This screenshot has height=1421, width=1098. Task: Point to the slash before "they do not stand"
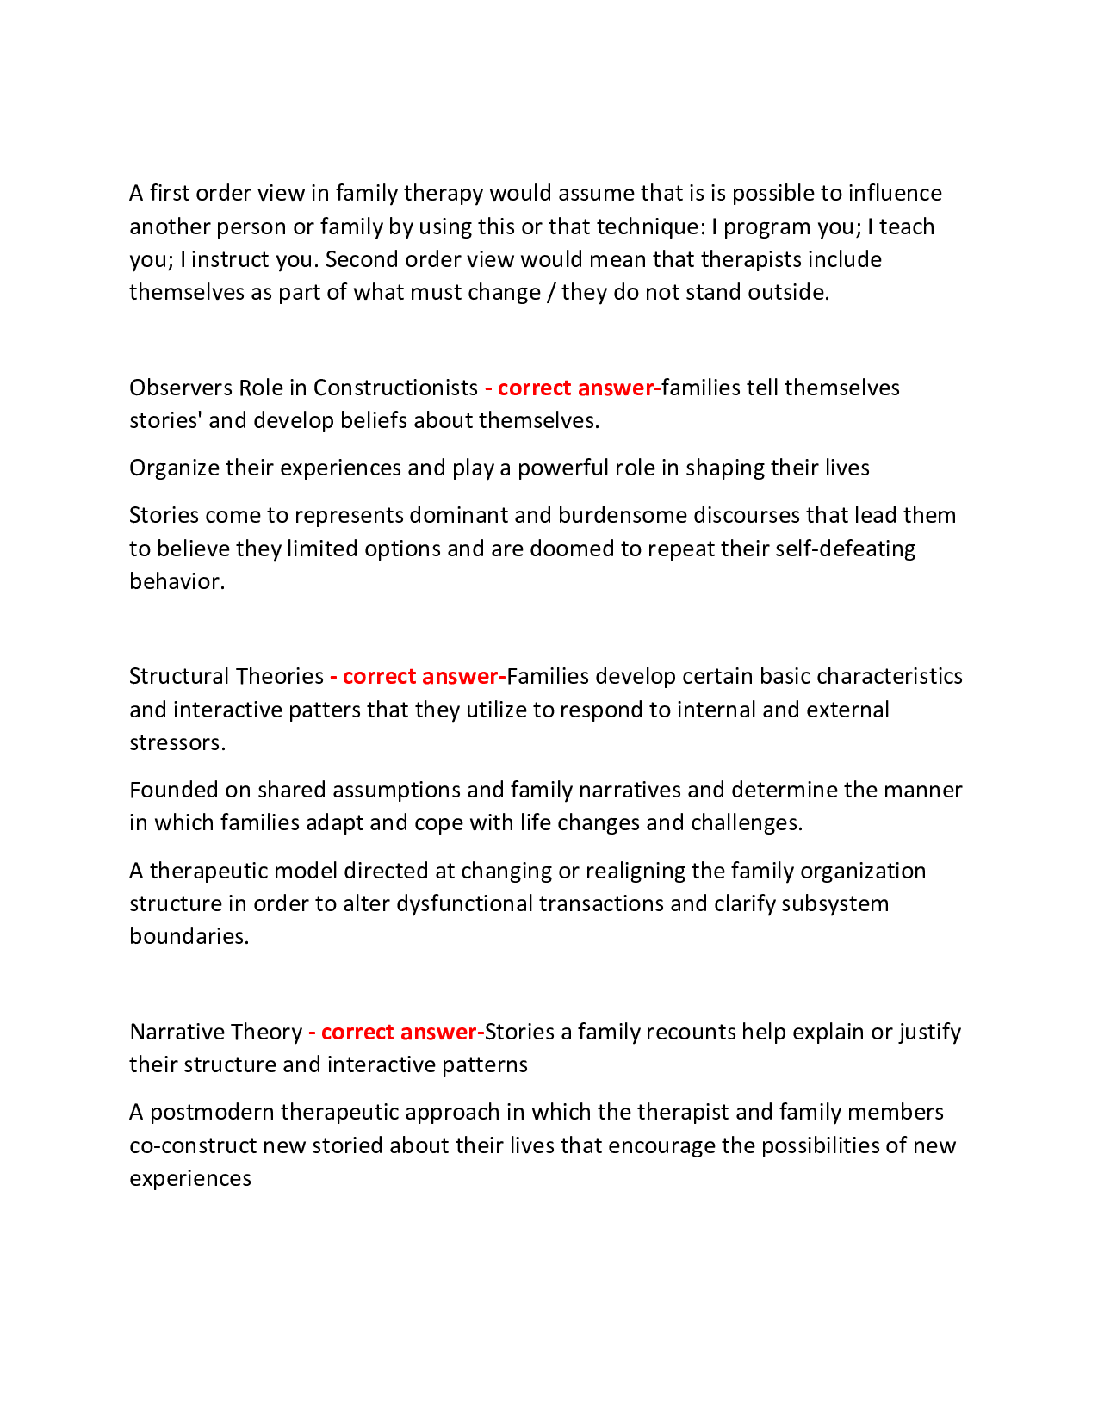pos(550,292)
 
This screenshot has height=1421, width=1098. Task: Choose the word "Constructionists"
pos(395,388)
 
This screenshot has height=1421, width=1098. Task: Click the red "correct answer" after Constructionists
pos(573,388)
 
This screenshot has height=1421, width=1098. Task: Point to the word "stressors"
pos(177,742)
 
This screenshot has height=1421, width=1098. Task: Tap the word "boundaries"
pos(189,936)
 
